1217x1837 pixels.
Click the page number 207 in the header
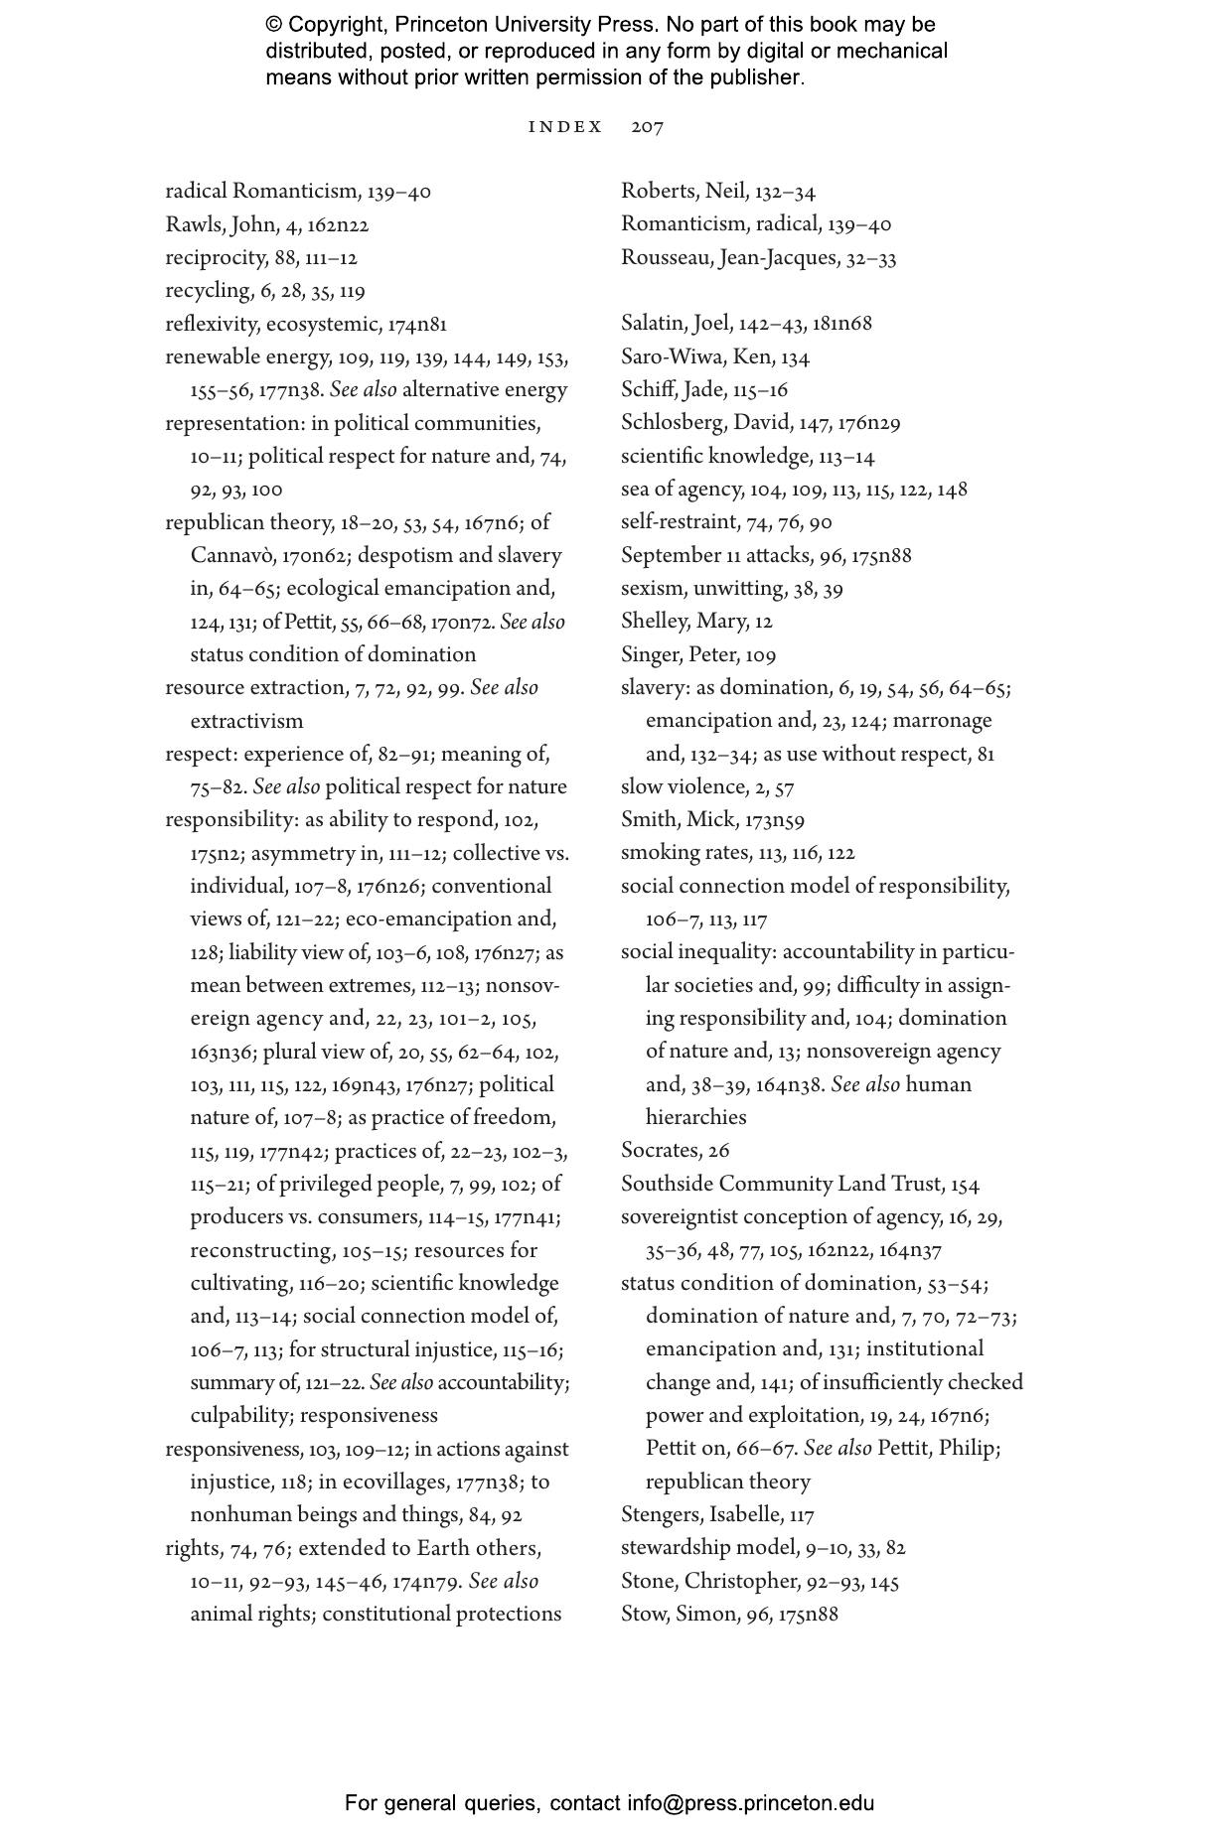click(x=647, y=127)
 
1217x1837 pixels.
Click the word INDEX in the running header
click(x=565, y=127)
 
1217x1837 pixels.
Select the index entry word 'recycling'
click(x=208, y=291)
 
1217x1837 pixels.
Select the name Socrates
click(x=661, y=1151)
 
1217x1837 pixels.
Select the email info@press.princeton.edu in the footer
click(x=750, y=1803)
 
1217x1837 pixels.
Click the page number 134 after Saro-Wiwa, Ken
click(x=796, y=357)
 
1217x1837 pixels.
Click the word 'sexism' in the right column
click(x=651, y=589)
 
